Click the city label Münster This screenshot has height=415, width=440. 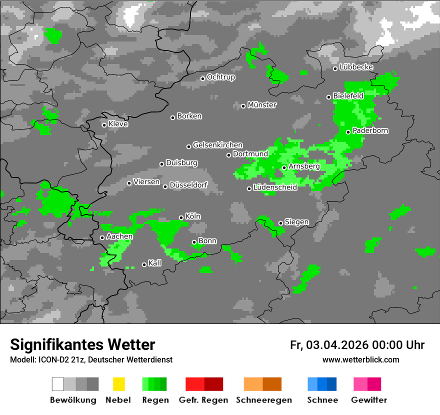[262, 105]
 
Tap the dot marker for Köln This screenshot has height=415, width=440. [181, 217]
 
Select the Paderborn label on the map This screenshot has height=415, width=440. [370, 131]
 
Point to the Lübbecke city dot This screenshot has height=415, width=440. [335, 68]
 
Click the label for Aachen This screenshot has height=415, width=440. [119, 236]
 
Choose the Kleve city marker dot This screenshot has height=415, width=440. [104, 125]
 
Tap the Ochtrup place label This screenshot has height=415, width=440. [221, 77]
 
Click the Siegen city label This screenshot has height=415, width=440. [297, 222]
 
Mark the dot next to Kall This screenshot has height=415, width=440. [144, 264]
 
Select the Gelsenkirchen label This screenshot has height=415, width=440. [217, 145]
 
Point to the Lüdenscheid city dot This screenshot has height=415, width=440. [249, 188]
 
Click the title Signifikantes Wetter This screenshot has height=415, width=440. [82, 344]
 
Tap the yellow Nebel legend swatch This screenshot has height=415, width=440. [118, 384]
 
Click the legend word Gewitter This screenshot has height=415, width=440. [369, 400]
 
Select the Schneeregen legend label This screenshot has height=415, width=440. [263, 400]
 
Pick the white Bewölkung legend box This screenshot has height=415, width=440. [58, 384]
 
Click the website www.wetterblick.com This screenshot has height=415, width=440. [361, 359]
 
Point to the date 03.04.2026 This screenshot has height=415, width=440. [337, 345]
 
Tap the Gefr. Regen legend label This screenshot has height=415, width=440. [203, 400]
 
